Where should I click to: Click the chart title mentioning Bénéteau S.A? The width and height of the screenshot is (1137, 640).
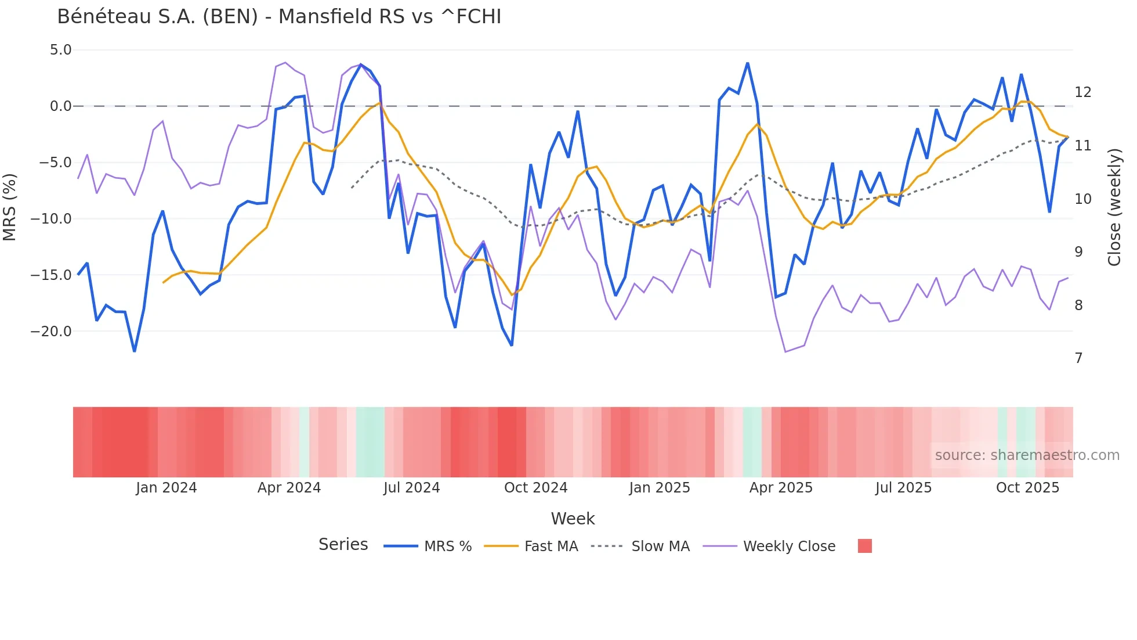tap(279, 17)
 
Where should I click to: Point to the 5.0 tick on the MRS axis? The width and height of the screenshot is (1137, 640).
tap(60, 50)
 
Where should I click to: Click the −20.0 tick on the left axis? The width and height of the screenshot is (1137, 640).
tap(51, 332)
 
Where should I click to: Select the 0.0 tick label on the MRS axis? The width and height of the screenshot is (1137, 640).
tap(60, 106)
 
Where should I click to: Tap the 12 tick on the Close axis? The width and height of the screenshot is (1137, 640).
tap(1082, 92)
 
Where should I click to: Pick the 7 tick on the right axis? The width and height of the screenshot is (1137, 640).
tap(1078, 358)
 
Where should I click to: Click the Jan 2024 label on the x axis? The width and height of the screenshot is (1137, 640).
tap(166, 488)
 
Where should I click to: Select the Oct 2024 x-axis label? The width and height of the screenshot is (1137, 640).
tap(535, 488)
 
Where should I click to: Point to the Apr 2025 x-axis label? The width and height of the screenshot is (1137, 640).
tap(781, 488)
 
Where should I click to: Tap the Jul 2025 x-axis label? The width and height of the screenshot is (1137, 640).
tap(903, 488)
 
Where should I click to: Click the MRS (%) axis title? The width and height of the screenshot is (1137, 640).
tap(10, 207)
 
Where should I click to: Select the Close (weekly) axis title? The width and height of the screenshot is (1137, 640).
tap(1114, 207)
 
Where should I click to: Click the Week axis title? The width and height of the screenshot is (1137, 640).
tap(573, 519)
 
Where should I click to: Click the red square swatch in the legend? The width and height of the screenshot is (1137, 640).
tap(864, 546)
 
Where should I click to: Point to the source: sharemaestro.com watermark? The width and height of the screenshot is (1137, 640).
tap(1027, 455)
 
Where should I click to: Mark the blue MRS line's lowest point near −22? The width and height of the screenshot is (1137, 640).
tap(135, 351)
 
